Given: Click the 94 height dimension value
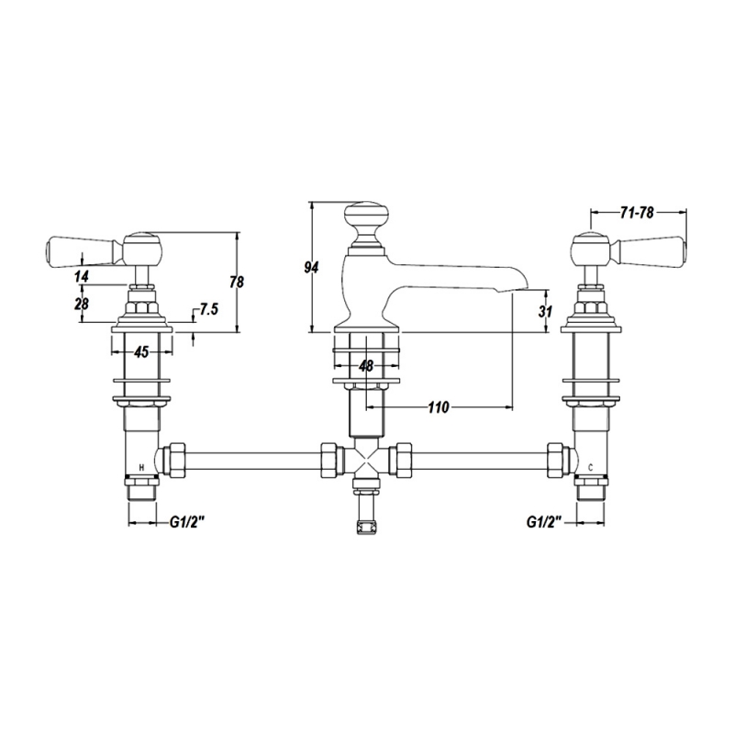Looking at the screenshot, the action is (311, 267).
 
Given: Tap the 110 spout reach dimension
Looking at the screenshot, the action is (439, 407).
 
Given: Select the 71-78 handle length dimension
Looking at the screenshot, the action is (637, 213).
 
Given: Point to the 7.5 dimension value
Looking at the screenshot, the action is (209, 309).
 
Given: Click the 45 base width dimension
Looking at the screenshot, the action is (141, 351).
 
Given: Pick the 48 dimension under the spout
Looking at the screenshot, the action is (366, 365).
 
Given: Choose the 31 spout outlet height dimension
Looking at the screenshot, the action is (545, 311).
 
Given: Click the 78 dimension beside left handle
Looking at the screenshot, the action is (237, 282).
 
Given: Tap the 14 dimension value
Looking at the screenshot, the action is (82, 276).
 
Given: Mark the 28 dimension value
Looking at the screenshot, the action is (82, 304).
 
